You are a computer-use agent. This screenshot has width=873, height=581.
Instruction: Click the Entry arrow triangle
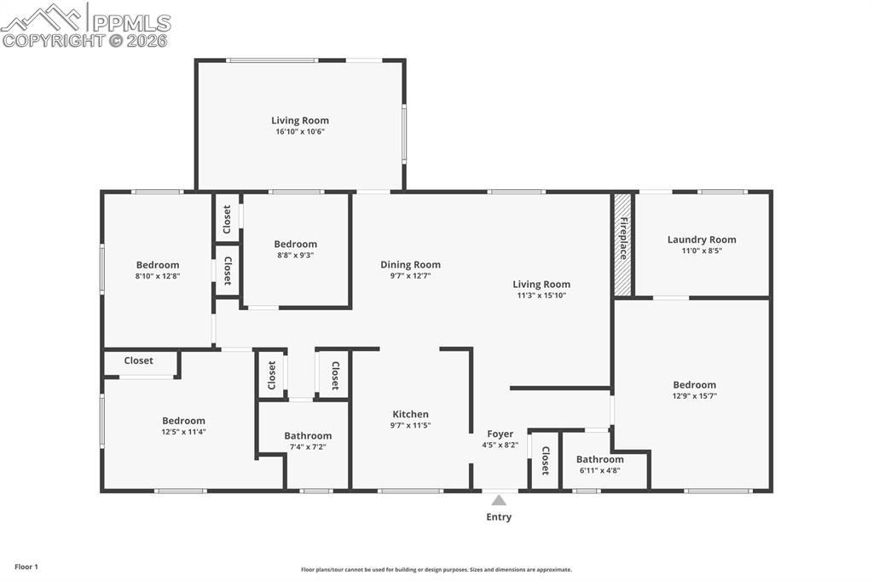pyautogui.click(x=499, y=500)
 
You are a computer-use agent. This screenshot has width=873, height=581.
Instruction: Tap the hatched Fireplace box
pyautogui.click(x=623, y=244)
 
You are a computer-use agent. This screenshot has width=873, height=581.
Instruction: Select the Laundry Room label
pyautogui.click(x=702, y=239)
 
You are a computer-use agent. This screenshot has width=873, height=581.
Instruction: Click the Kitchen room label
pyautogui.click(x=410, y=414)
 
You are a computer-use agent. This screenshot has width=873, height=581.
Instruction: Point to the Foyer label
pyautogui.click(x=500, y=434)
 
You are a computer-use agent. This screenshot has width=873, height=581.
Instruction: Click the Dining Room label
pyautogui.click(x=410, y=265)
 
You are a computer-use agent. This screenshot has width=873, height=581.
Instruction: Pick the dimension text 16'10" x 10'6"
pyautogui.click(x=300, y=132)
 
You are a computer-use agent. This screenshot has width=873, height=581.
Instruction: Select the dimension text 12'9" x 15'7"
pyautogui.click(x=694, y=396)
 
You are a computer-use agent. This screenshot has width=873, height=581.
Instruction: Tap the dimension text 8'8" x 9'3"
pyautogui.click(x=296, y=255)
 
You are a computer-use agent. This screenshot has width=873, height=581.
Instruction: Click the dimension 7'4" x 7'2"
pyautogui.click(x=308, y=446)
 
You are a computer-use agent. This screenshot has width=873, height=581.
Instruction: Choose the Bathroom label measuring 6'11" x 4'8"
pyautogui.click(x=599, y=459)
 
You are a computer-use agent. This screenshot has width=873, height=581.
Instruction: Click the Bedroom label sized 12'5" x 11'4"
pyautogui.click(x=184, y=421)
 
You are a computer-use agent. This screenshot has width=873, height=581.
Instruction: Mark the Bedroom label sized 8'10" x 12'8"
pyautogui.click(x=158, y=265)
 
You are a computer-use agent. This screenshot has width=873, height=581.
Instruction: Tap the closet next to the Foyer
pyautogui.click(x=545, y=461)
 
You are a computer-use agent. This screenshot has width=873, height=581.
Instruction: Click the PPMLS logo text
pyautogui.click(x=130, y=23)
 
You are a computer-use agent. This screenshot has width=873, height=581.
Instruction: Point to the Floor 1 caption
pyautogui.click(x=26, y=567)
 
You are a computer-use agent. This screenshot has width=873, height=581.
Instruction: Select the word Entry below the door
pyautogui.click(x=499, y=517)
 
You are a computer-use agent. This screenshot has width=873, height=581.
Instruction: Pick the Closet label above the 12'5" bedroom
pyautogui.click(x=139, y=361)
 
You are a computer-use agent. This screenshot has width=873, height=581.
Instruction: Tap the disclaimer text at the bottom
pyautogui.click(x=436, y=570)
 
